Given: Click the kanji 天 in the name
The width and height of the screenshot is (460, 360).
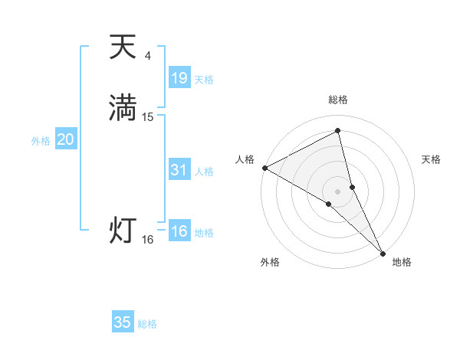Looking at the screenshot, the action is [x=123, y=47].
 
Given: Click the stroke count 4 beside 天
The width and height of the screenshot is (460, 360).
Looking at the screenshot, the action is [x=148, y=56].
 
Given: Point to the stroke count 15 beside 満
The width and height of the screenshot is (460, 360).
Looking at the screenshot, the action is [x=148, y=117].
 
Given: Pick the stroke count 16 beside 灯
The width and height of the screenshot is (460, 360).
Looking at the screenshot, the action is [x=148, y=240].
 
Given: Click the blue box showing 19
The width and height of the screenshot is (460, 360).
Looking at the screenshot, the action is [x=179, y=77].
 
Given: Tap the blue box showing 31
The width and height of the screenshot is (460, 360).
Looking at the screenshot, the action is [x=179, y=170].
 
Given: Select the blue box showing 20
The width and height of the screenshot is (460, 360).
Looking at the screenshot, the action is [x=65, y=139].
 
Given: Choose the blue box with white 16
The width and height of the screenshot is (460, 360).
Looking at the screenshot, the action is [x=179, y=231].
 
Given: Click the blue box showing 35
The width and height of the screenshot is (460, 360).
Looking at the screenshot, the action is [x=123, y=322].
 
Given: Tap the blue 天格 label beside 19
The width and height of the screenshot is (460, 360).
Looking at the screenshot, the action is [x=204, y=80].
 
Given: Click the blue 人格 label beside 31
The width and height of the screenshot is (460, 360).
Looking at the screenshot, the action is [x=204, y=172].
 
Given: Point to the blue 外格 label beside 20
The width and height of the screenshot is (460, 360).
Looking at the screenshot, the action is [x=40, y=141].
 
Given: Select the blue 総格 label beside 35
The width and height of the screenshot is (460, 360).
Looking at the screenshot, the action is [x=147, y=324].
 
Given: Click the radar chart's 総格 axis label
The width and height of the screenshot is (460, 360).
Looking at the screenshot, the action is [x=337, y=100].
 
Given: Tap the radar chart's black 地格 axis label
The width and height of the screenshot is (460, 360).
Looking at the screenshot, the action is [x=402, y=262].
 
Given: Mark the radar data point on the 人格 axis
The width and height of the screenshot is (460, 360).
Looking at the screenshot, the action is [x=264, y=167].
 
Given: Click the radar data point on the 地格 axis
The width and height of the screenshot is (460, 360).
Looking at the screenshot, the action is [x=383, y=253].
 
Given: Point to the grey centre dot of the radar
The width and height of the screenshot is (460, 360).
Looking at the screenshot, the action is [x=337, y=191].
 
